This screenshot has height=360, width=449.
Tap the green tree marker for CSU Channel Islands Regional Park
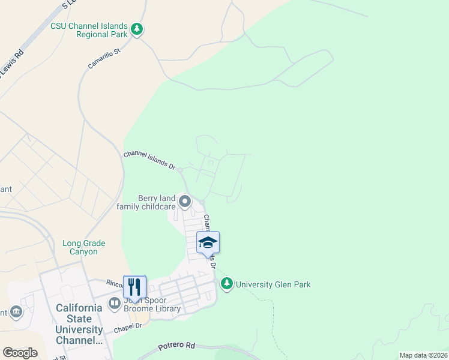(x=137, y=29)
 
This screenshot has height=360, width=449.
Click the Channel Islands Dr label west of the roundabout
(x=149, y=161)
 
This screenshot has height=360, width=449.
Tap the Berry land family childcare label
(x=157, y=202)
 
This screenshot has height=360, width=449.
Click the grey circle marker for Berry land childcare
(x=185, y=202)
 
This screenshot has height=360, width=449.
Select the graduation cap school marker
(x=208, y=242)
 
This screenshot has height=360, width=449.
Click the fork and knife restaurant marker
(x=134, y=287)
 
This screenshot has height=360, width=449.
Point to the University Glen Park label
(x=273, y=284)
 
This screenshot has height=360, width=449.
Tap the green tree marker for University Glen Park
(x=226, y=284)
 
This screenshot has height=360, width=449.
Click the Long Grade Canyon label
(x=84, y=247)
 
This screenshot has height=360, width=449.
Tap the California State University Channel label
(x=79, y=324)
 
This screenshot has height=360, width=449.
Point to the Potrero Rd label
(x=177, y=346)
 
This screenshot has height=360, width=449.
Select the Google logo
(x=20, y=352)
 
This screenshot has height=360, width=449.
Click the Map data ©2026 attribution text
(x=423, y=355)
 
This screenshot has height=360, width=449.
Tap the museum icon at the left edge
(x=16, y=311)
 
